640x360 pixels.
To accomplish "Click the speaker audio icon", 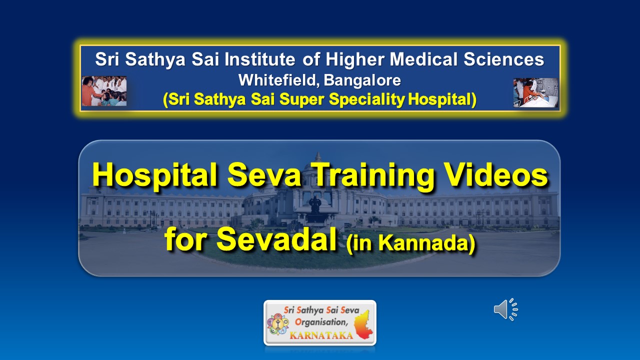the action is [505, 309].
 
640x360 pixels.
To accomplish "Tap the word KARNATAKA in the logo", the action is [321, 335].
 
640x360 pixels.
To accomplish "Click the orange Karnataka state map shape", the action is [363, 325].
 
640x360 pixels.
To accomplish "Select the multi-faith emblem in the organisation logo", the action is [277, 324].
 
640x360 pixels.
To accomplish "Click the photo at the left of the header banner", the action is [104, 91].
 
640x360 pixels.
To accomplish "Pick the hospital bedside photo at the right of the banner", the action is [535, 92].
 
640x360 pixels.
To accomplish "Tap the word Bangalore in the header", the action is [362, 80].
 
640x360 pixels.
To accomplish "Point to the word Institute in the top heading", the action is [259, 59].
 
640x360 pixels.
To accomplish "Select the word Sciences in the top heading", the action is [503, 59].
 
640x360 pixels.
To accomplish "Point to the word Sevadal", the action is [276, 239].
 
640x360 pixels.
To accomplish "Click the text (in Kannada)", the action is [411, 243].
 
